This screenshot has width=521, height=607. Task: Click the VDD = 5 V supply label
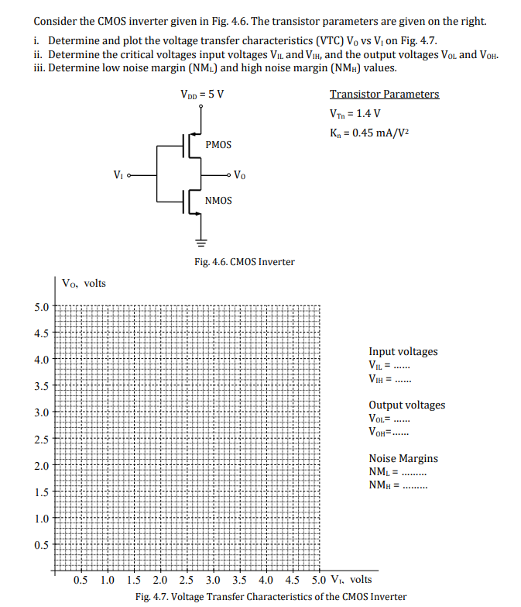pyautogui.click(x=202, y=95)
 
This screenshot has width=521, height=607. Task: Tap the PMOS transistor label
pyautogui.click(x=218, y=145)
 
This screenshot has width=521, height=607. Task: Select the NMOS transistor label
pyautogui.click(x=218, y=201)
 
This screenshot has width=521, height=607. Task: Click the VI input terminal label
pyautogui.click(x=117, y=174)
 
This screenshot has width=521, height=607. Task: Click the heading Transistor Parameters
pyautogui.click(x=384, y=95)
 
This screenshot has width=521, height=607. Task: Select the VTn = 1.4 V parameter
pyautogui.click(x=355, y=114)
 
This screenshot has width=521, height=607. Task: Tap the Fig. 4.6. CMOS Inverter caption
pyautogui.click(x=245, y=262)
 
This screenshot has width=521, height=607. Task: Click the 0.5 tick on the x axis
pyautogui.click(x=81, y=580)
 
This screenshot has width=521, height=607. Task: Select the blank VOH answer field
pyautogui.click(x=406, y=433)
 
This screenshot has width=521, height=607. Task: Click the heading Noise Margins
pyautogui.click(x=403, y=459)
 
